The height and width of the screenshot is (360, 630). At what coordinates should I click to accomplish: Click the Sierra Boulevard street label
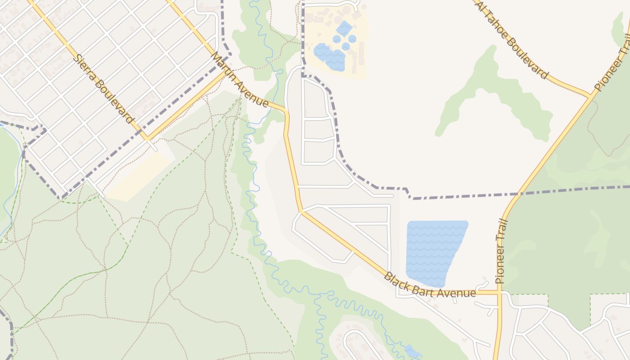click(104, 89)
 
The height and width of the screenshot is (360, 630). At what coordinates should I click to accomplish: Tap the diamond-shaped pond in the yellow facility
click(344, 28)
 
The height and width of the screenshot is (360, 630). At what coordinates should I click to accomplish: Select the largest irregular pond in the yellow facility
click(331, 57)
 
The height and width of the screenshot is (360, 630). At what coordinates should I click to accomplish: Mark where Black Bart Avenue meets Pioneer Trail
click(499, 292)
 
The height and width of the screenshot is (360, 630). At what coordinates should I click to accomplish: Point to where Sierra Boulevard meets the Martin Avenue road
click(147, 139)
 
